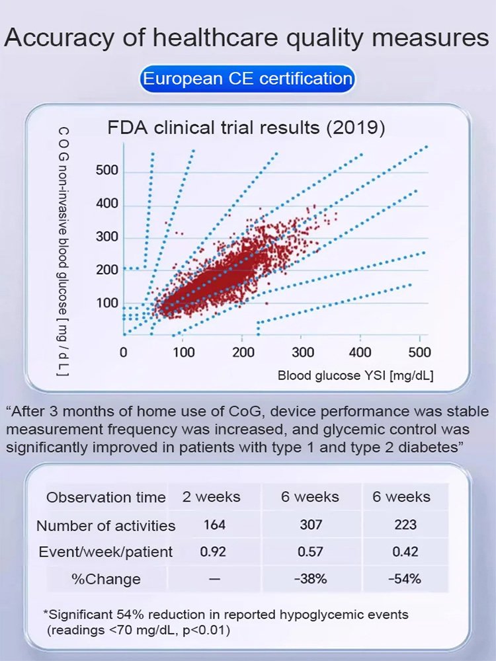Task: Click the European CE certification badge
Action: pyautogui.click(x=247, y=79)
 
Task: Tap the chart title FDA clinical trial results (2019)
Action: pyautogui.click(x=246, y=127)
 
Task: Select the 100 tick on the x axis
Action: pyautogui.click(x=184, y=352)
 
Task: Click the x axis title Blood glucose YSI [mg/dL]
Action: pyautogui.click(x=356, y=376)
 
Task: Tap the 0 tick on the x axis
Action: pyautogui.click(x=124, y=352)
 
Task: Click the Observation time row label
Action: pyautogui.click(x=106, y=497)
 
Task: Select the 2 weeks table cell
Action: pyautogui.click(x=212, y=497)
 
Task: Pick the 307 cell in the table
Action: pyautogui.click(x=310, y=525)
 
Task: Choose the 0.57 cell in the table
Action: pyautogui.click(x=310, y=552)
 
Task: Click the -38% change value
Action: pyautogui.click(x=310, y=580)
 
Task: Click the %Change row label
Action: pyautogui.click(x=106, y=580)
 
